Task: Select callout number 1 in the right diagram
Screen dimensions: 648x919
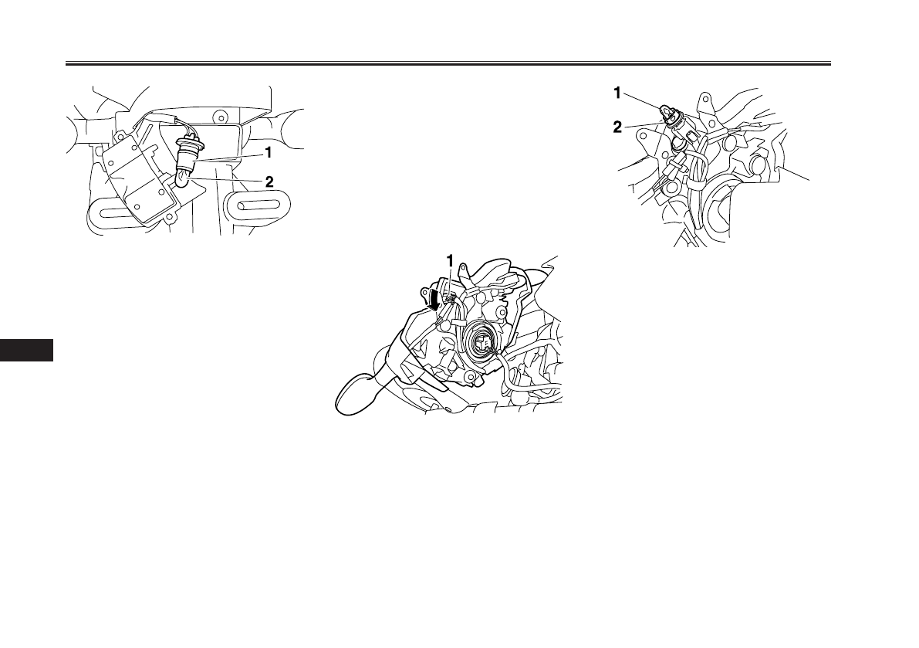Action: tap(617, 93)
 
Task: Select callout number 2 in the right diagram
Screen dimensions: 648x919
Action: tap(617, 128)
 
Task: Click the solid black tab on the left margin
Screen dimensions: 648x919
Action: tap(27, 349)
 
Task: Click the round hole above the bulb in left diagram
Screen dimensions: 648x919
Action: tap(221, 118)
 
